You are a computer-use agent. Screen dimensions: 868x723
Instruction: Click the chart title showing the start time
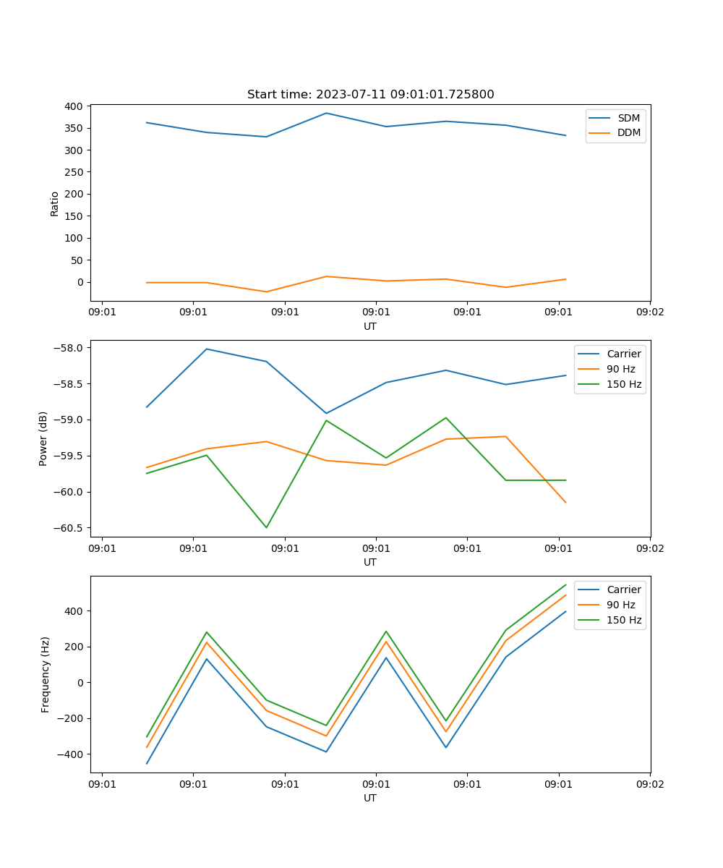point(370,95)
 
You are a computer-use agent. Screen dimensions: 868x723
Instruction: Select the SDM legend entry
point(628,118)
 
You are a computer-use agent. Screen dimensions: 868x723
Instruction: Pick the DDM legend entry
point(628,133)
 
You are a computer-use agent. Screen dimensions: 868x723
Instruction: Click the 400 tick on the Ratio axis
point(73,106)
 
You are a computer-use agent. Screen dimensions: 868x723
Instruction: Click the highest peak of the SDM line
point(326,113)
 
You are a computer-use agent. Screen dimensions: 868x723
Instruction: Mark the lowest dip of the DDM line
point(266,292)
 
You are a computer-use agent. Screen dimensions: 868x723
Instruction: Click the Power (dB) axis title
point(43,438)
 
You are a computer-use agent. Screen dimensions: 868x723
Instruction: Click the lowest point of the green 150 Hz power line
point(266,527)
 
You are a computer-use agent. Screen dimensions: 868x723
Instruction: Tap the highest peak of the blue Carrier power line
point(207,349)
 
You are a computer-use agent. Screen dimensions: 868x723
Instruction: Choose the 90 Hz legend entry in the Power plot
point(620,369)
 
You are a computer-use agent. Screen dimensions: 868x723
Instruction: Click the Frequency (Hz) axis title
point(45,674)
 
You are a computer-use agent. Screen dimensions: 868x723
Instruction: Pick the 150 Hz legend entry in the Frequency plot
point(624,620)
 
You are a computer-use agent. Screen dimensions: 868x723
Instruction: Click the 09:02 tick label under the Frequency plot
point(649,783)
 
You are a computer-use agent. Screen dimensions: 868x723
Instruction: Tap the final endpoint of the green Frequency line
point(565,584)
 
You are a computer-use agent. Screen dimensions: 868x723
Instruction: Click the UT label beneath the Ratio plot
point(370,326)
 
